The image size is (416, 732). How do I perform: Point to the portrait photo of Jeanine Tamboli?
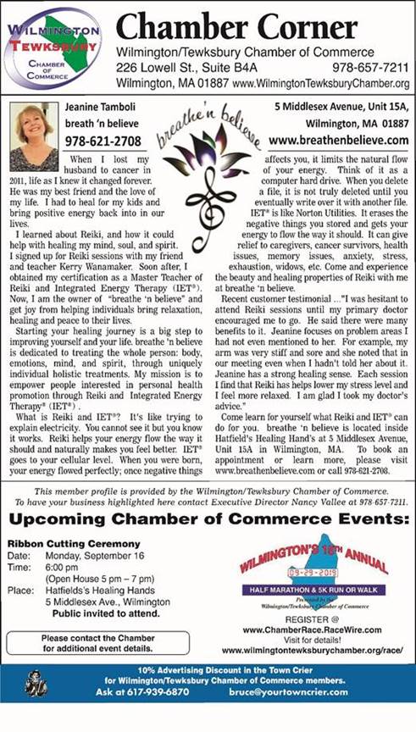pos(35,136)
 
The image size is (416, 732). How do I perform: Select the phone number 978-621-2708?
pos(106,141)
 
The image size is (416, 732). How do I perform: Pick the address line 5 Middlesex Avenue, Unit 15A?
pos(341,108)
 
